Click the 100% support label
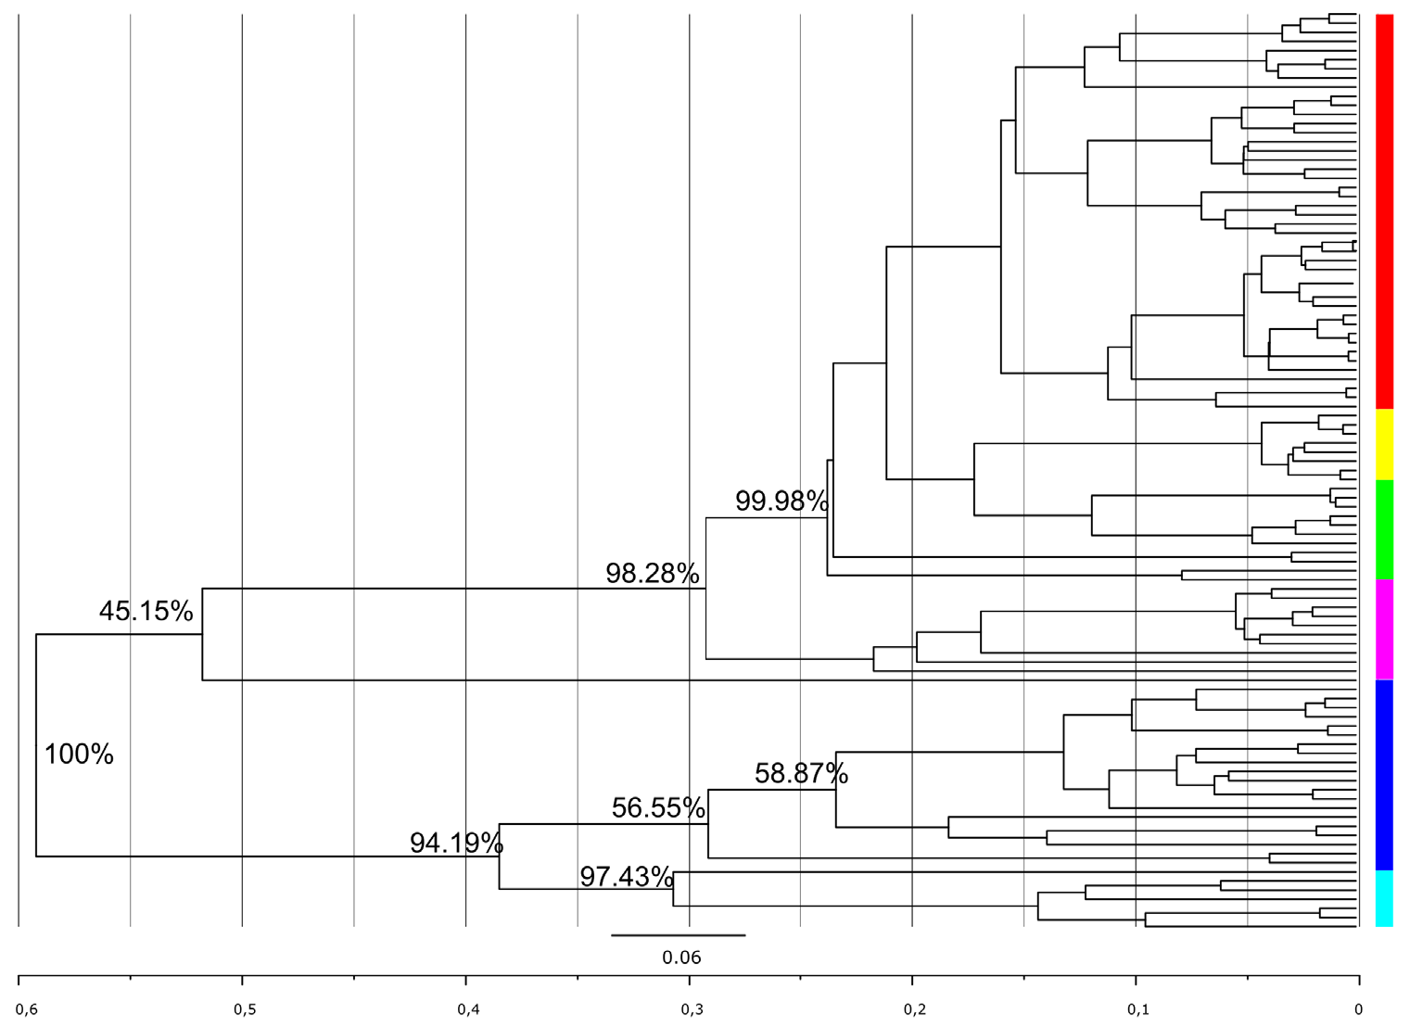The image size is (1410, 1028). click(x=79, y=755)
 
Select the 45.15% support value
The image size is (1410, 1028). click(x=146, y=611)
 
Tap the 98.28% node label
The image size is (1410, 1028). click(x=652, y=573)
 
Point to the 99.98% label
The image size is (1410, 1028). click(x=781, y=501)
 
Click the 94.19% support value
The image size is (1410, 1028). click(x=455, y=843)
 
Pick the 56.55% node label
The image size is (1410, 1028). click(x=657, y=807)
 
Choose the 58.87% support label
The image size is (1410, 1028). click(x=800, y=773)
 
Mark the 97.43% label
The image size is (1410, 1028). click(x=626, y=876)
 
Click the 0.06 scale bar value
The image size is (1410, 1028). click(x=681, y=958)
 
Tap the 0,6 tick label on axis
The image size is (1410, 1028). click(x=28, y=1009)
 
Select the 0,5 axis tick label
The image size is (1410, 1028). click(x=245, y=1009)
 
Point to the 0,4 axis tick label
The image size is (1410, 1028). click(x=468, y=1009)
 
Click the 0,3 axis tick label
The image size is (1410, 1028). click(x=692, y=1009)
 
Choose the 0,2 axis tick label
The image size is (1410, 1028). click(x=915, y=1009)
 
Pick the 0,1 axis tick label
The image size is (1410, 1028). click(x=1138, y=1009)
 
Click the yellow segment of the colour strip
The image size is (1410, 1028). click(x=1384, y=444)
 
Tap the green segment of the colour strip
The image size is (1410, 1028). click(x=1384, y=529)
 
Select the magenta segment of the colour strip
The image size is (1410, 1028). click(x=1384, y=629)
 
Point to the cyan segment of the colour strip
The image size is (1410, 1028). click(x=1384, y=897)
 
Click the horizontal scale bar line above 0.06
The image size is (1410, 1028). click(x=678, y=935)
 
